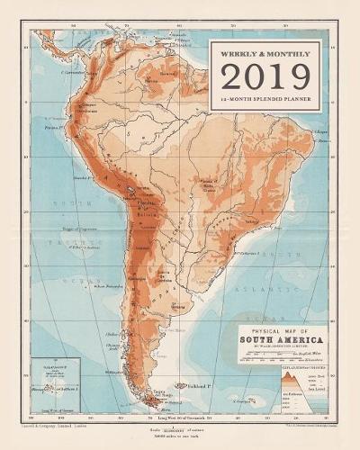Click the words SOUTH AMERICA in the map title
(x=282, y=341)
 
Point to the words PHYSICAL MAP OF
(x=281, y=330)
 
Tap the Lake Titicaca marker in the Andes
(x=132, y=190)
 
